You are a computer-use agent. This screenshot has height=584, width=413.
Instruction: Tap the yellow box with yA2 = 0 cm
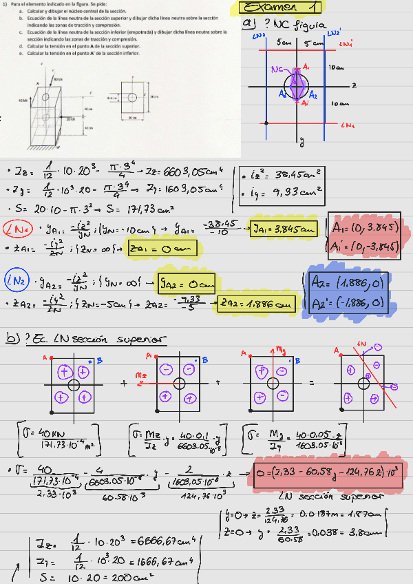[x=187, y=281]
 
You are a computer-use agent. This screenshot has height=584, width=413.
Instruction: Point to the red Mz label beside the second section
[x=140, y=374]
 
